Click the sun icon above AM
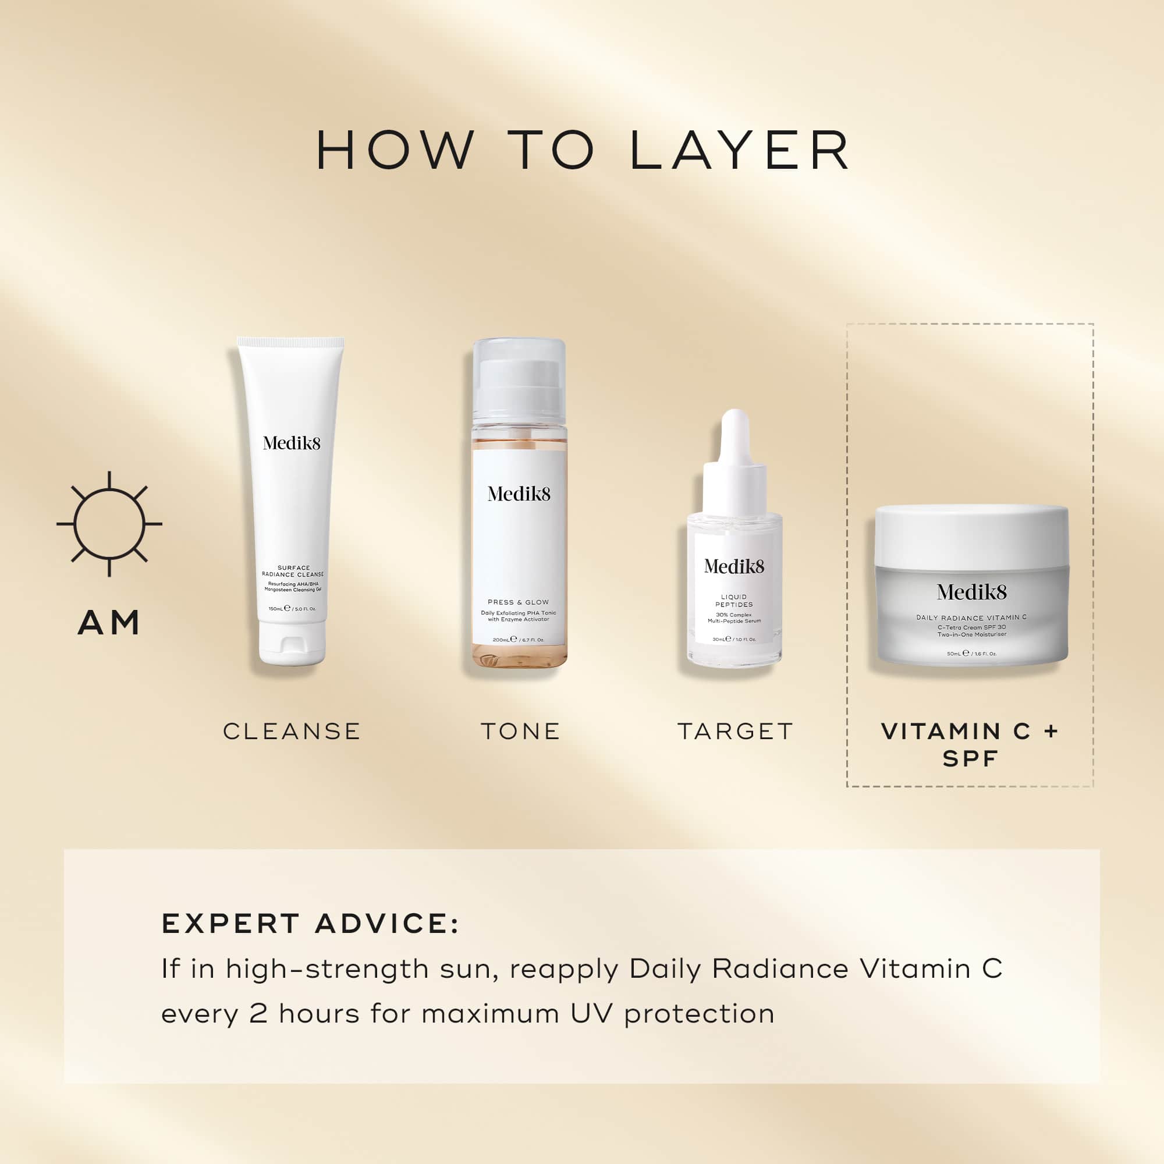[x=109, y=524]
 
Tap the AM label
[x=109, y=622]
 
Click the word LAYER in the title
[x=739, y=150]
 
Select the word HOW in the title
[x=395, y=150]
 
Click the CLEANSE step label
[x=292, y=732]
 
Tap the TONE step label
[x=520, y=732]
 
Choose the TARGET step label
[x=735, y=732]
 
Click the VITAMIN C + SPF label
[x=970, y=745]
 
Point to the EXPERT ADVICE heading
[x=310, y=924]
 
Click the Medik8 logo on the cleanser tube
[x=292, y=443]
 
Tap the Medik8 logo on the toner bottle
[x=519, y=494]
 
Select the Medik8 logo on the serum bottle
[x=734, y=566]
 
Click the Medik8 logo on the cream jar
[x=971, y=592]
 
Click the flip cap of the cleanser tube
[x=293, y=651]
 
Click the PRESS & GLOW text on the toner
[x=518, y=602]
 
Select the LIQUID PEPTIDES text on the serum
[x=734, y=601]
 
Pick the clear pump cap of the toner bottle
[x=519, y=379]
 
